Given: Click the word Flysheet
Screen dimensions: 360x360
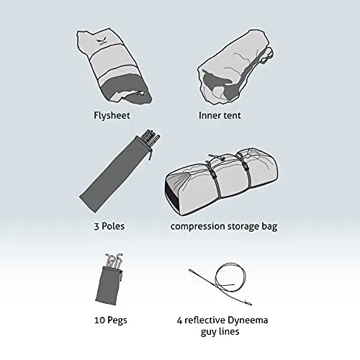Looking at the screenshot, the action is [112, 115].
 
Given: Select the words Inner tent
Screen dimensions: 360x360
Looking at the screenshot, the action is [220, 115].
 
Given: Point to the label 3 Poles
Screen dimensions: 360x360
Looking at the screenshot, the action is [109, 226].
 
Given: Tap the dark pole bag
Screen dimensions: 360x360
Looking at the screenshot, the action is [115, 175].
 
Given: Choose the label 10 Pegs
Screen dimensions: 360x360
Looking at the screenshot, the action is [111, 320].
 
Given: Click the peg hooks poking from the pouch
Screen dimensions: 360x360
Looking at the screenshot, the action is [114, 261].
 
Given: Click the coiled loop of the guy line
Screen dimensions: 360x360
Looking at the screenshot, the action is [231, 278].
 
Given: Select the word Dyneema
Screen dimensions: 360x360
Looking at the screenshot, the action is [248, 320].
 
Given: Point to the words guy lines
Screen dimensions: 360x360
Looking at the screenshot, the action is [220, 332].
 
